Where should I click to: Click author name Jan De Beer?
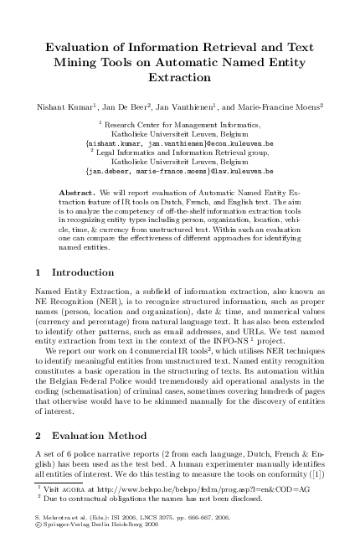coord(131,106)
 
